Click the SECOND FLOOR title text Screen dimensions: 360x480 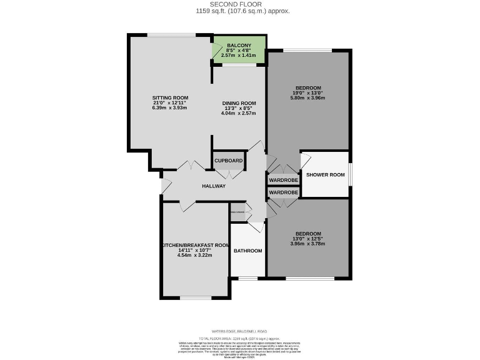[239, 4]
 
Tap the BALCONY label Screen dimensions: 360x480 [239, 46]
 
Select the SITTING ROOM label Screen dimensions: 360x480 [170, 98]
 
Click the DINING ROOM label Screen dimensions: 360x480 [240, 103]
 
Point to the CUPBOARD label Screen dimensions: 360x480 [229, 161]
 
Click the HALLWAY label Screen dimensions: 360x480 [214, 186]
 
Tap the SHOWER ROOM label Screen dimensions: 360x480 [325, 175]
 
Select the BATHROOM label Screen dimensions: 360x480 [247, 251]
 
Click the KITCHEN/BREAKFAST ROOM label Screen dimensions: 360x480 [195, 246]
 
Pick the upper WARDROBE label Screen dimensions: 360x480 [283, 181]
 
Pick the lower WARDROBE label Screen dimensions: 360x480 [283, 192]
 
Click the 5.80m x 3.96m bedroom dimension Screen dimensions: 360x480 [308, 98]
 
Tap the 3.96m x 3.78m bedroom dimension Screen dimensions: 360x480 [308, 244]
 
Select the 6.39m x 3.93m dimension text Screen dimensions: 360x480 [170, 108]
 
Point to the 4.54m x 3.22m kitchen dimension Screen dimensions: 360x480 [195, 256]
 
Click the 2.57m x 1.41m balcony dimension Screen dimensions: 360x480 [239, 56]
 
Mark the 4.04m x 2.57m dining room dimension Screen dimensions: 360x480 [240, 113]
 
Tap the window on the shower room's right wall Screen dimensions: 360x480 [349, 174]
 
